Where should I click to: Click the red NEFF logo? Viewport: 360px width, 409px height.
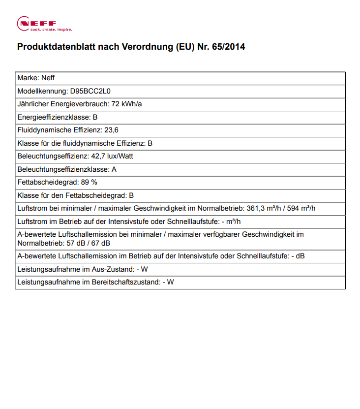pos(37,23)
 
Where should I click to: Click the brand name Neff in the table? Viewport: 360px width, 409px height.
pos(49,78)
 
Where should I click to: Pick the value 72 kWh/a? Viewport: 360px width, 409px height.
pos(127,104)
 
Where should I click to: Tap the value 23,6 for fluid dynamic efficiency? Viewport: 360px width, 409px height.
pos(112,130)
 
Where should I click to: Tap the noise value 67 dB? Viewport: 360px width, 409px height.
pos(100,243)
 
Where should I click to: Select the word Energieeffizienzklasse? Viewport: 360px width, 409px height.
pos(54,117)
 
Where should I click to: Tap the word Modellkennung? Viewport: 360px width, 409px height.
pos(41,91)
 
